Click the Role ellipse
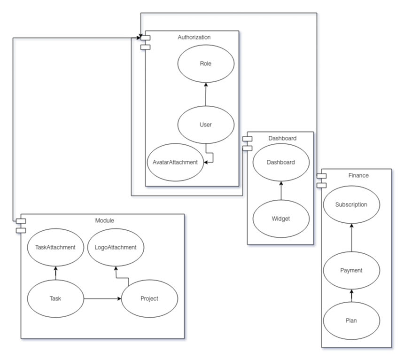pos(206,63)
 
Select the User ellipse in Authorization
pos(206,125)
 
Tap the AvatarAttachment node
pos(175,162)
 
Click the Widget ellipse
pos(281,219)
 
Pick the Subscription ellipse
pos(351,204)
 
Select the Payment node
pos(351,270)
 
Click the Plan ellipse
pos(351,321)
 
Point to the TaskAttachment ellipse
pos(55,247)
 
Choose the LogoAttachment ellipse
pos(116,247)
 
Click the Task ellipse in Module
pos(55,298)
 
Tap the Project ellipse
pos(149,298)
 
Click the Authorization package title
pos(194,37)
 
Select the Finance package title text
pos(358,175)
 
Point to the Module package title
pos(105,220)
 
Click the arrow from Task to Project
pos(102,298)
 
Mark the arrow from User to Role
pos(206,94)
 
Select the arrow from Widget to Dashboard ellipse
pos(281,190)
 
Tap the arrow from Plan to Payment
pos(351,296)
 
